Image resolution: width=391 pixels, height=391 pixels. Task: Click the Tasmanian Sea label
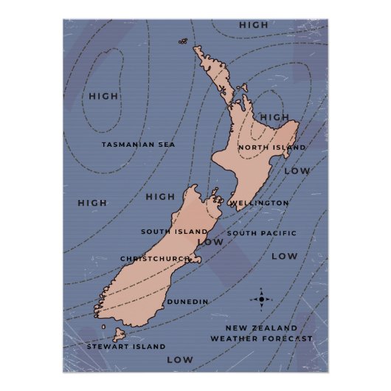pyautogui.click(x=139, y=145)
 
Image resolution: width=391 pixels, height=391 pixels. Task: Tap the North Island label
pyautogui.click(x=271, y=148)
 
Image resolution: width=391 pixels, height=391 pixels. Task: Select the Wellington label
pyautogui.click(x=259, y=202)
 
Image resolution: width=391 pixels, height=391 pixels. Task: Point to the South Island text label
pyautogui.click(x=174, y=232)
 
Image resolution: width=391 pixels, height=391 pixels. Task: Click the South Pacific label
pyautogui.click(x=262, y=233)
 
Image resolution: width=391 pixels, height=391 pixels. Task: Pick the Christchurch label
pyautogui.click(x=155, y=259)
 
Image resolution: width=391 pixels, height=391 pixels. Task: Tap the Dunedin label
pyautogui.click(x=187, y=302)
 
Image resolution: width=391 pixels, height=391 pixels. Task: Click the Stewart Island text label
pyautogui.click(x=126, y=346)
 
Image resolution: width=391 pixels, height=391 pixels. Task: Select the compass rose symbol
pyautogui.click(x=261, y=300)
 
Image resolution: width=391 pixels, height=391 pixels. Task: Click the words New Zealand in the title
pyautogui.click(x=262, y=328)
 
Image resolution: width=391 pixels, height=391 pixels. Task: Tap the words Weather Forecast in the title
pyautogui.click(x=261, y=339)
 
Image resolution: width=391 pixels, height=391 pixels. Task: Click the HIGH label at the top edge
pyautogui.click(x=254, y=25)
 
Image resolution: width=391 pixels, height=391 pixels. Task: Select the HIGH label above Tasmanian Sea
pyautogui.click(x=103, y=96)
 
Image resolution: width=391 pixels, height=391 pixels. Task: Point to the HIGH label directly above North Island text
pyautogui.click(x=274, y=117)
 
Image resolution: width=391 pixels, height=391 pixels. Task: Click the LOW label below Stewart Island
pyautogui.click(x=179, y=360)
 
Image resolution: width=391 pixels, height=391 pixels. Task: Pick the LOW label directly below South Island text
pyautogui.click(x=210, y=242)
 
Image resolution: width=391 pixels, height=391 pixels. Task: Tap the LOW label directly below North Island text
pyautogui.click(x=297, y=171)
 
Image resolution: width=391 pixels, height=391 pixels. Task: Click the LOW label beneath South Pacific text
pyautogui.click(x=284, y=257)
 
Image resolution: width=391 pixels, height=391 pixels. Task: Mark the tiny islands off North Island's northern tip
pyautogui.click(x=181, y=42)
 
